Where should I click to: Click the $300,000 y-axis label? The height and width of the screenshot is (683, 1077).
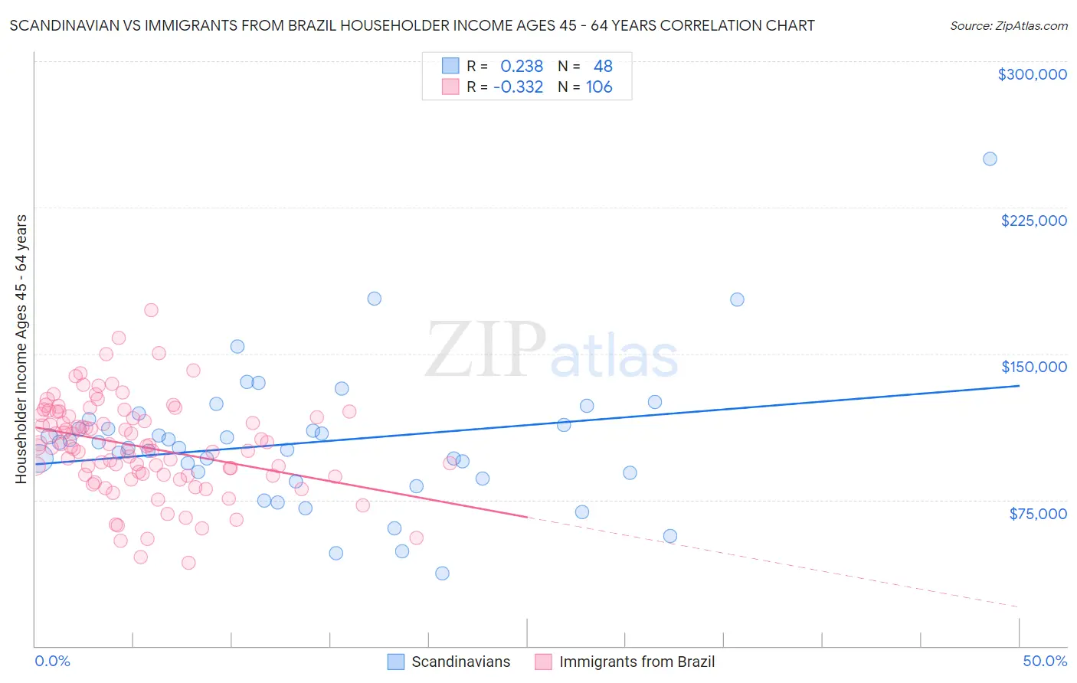(x=1032, y=74)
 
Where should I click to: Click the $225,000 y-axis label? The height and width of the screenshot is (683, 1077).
(x=1033, y=221)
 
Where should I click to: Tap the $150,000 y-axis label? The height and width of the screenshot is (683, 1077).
(x=1033, y=367)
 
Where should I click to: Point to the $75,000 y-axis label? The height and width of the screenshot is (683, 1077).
(x=1038, y=514)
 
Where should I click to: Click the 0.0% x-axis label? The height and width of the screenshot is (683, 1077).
(x=52, y=661)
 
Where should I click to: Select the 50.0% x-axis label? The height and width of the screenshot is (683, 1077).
(x=1045, y=661)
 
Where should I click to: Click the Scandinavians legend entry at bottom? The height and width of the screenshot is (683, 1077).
(x=460, y=662)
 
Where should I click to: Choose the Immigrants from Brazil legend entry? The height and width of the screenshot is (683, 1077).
(x=636, y=662)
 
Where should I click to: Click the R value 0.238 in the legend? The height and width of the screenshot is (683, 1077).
(x=522, y=66)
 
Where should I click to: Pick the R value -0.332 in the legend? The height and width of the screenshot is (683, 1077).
(x=518, y=87)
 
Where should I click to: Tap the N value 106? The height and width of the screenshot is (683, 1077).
(x=599, y=87)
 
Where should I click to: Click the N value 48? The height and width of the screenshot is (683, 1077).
(x=603, y=66)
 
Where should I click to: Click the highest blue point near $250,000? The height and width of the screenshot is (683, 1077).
(x=990, y=159)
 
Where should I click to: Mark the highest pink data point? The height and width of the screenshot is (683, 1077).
(x=151, y=310)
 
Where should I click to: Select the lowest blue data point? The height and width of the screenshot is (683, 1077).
(x=442, y=574)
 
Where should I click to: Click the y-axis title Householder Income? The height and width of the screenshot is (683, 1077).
(x=21, y=349)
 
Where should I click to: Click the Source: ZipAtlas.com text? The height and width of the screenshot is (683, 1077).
(x=1008, y=26)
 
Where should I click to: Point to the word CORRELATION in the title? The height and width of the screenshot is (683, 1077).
(x=704, y=25)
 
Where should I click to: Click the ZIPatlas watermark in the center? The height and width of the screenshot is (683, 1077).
(x=552, y=351)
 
